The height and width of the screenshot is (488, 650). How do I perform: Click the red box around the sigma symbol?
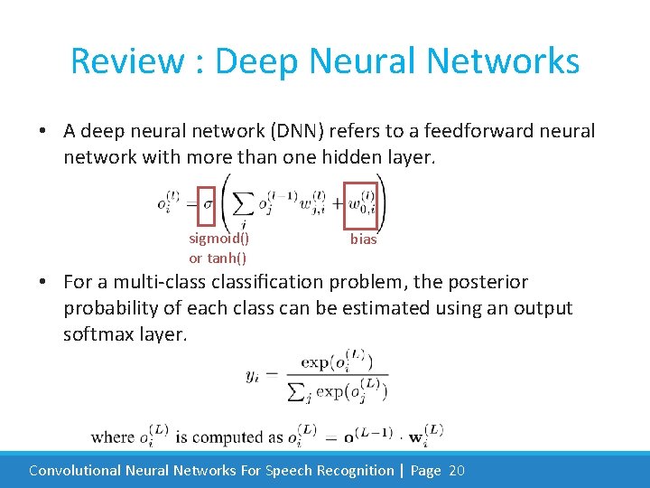[206, 204]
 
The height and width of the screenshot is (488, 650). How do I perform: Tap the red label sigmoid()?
[219, 239]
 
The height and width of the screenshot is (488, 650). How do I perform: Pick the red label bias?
[364, 239]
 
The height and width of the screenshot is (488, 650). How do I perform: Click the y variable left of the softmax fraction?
[252, 376]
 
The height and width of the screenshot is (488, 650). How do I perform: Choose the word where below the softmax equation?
[113, 437]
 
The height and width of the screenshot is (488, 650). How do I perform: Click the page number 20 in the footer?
[456, 471]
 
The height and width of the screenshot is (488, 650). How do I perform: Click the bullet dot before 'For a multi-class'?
[42, 283]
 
